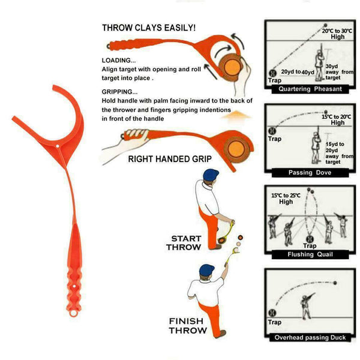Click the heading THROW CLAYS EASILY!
tap(148, 28)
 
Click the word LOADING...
tap(118, 61)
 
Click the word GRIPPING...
tap(119, 91)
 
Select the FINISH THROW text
tap(188, 325)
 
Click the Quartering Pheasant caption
tap(310, 89)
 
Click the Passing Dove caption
tap(310, 172)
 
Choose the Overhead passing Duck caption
tap(310, 338)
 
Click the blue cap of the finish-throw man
tap(207, 269)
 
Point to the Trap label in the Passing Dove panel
tap(275, 139)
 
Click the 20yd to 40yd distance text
tap(299, 73)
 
